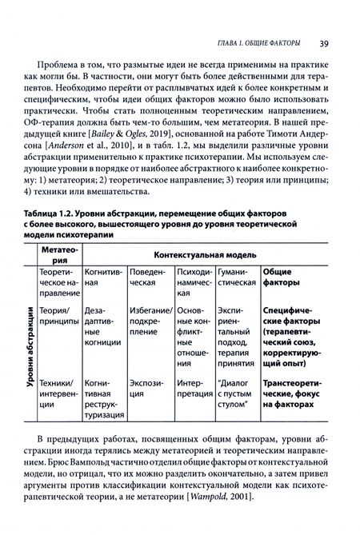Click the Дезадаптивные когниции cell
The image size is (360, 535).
(104, 322)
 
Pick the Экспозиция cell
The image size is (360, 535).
(150, 377)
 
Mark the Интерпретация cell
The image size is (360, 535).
(194, 377)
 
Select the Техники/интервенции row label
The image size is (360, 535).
(59, 377)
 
